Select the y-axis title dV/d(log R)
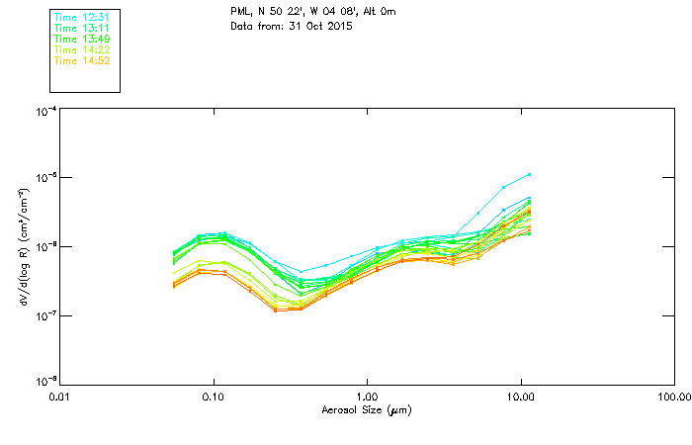coord(25,247)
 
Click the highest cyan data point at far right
coord(530,174)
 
